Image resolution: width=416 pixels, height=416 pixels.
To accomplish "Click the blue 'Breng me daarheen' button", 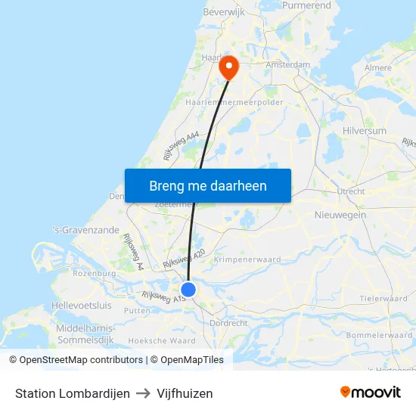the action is point(208,185).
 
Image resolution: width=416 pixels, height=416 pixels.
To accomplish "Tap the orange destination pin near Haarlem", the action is point(228,67).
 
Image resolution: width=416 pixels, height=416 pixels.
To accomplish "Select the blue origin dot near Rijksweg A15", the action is point(188,290).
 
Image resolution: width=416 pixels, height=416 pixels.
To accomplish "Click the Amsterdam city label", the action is point(288,66).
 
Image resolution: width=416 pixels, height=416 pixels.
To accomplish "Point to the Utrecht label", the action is point(351,191).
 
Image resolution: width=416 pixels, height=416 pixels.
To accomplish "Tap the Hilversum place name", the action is point(364,131).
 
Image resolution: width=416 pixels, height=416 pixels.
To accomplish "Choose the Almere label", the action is point(378,68).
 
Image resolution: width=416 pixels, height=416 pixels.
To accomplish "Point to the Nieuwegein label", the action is point(340,215).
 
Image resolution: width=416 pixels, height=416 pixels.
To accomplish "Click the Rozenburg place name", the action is point(95,273).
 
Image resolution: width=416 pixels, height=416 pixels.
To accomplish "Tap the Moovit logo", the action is point(371,392).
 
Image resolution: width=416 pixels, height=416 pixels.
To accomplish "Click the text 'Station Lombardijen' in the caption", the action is point(73,393).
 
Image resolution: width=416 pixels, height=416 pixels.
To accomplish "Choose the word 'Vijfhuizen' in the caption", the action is point(185,393).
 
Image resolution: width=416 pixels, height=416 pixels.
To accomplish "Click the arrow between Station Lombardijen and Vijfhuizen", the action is point(143,393).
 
